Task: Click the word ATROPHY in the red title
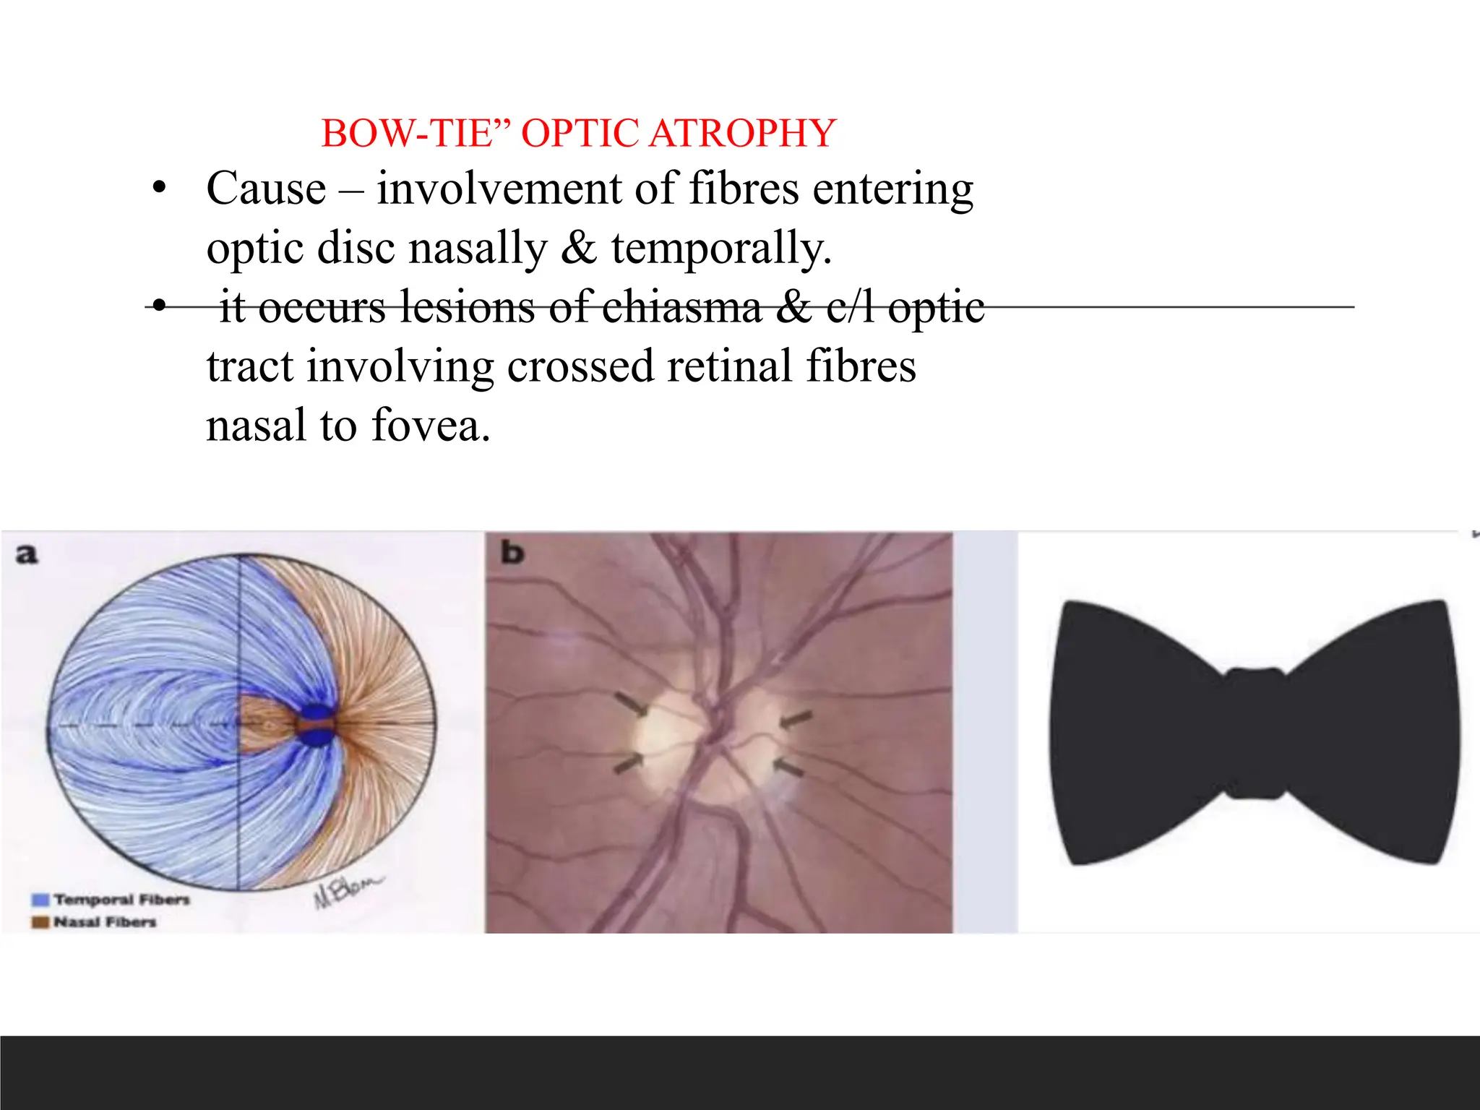point(742,134)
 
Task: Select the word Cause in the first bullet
point(266,189)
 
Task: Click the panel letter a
point(26,554)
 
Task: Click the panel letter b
point(512,553)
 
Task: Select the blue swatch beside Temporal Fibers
point(40,900)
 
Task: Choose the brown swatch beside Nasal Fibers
point(40,922)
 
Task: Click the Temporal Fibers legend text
point(121,900)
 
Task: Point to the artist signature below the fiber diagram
point(347,891)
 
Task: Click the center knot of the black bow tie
point(1255,732)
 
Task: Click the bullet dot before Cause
point(159,189)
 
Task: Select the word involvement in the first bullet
point(499,189)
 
